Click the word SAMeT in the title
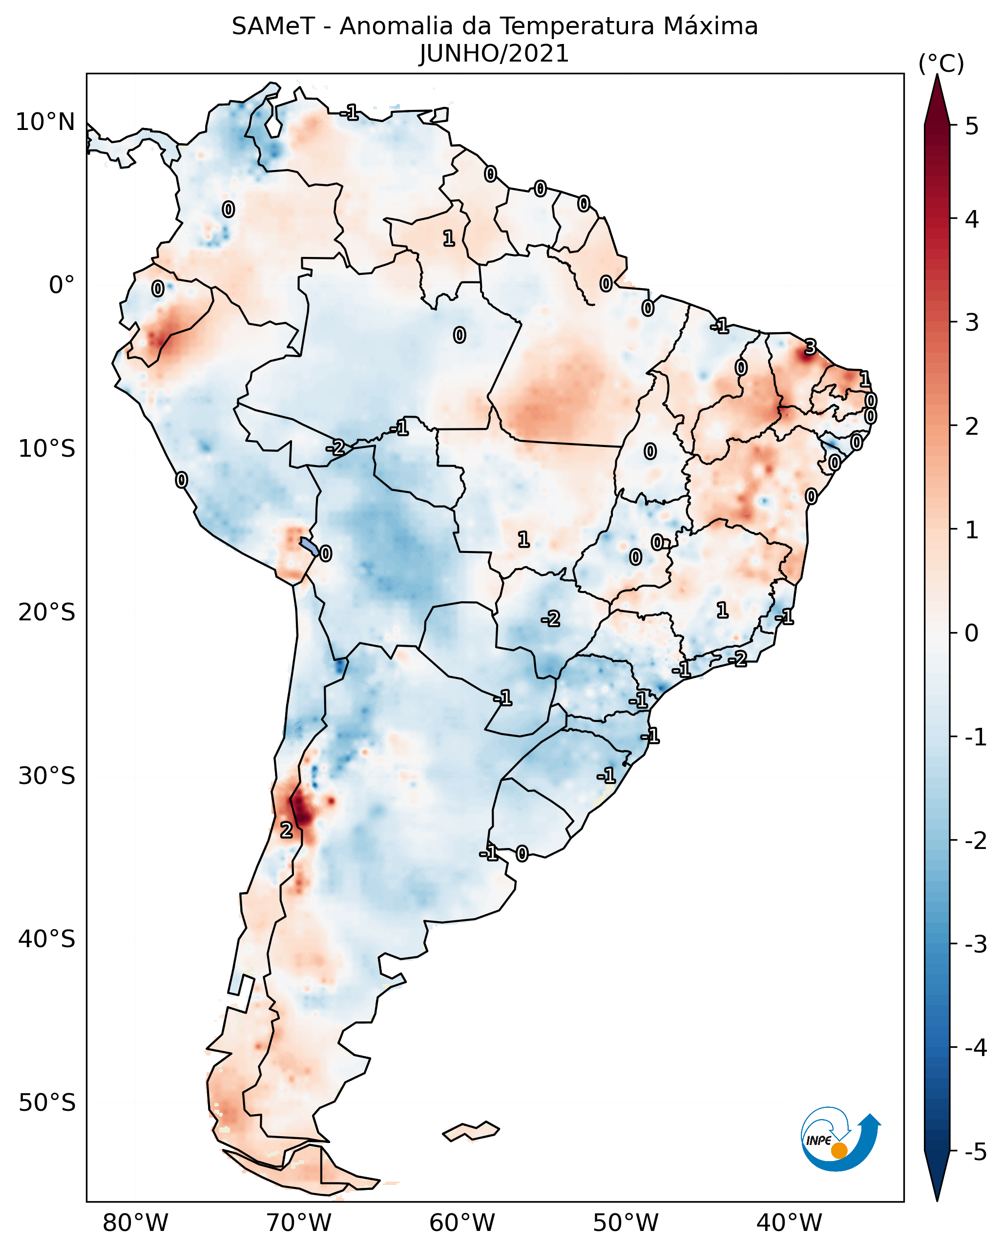tap(273, 27)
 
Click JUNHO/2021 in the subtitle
tap(494, 54)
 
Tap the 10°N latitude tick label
tap(45, 122)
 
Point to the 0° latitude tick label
tap(62, 285)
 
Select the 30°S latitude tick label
tap(46, 776)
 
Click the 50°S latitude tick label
tap(46, 1103)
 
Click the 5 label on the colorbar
tap(972, 126)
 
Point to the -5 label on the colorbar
tap(976, 1151)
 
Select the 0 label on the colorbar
tap(972, 633)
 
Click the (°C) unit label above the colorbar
tap(941, 64)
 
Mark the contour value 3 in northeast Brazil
tap(810, 347)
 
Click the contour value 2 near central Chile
tap(286, 830)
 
